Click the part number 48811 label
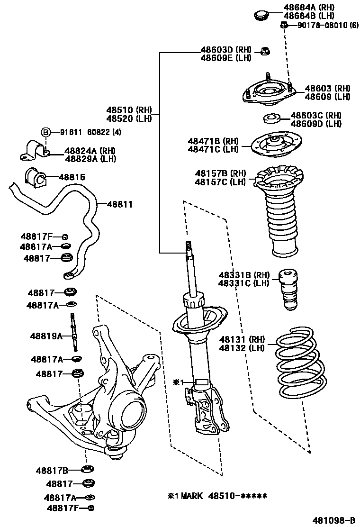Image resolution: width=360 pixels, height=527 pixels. [119, 205]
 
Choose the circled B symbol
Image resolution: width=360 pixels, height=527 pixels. [45, 132]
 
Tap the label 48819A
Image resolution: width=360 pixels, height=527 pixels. [46, 336]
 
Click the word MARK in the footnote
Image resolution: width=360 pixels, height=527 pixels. [191, 496]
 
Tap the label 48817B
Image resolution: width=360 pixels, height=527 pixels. [52, 471]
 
